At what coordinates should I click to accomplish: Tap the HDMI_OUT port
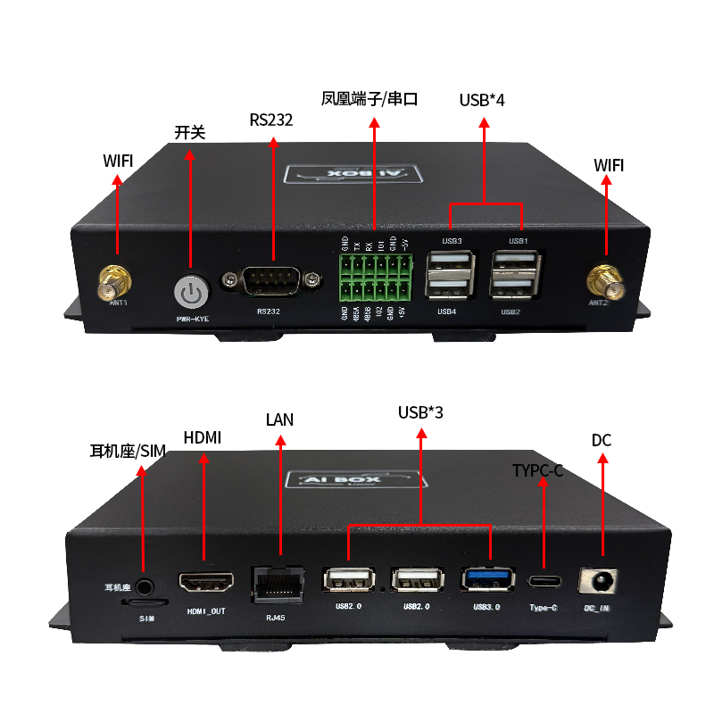pos(207,584)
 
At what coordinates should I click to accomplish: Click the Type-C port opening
pos(544,581)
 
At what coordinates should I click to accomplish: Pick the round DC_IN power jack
pos(600,582)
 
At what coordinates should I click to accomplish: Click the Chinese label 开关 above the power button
pos(189,133)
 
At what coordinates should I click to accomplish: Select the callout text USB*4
pos(482,100)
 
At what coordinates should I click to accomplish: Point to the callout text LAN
pos(279,419)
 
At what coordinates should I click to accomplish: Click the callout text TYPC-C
pos(537,470)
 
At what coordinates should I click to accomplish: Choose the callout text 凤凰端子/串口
pos(369,99)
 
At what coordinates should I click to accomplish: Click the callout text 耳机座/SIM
pos(129,452)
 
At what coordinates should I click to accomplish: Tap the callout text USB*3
pos(420,412)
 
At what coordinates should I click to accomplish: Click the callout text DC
pos(602,441)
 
